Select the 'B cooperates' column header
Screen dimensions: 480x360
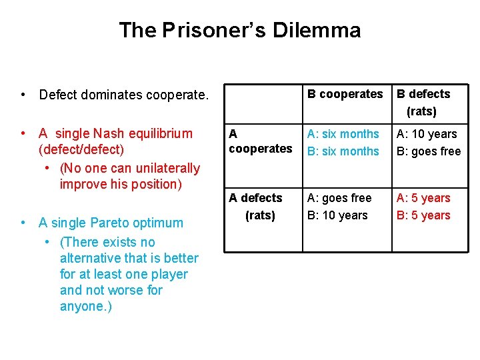point(345,94)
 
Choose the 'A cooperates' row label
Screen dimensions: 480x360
point(260,141)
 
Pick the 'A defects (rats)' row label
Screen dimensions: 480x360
point(256,206)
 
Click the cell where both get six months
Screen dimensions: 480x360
point(343,143)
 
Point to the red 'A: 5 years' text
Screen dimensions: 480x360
point(423,198)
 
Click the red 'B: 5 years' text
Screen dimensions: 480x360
point(423,215)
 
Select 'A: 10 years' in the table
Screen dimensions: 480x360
point(427,134)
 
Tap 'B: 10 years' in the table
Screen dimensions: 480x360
point(337,215)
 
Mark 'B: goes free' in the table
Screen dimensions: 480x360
point(429,151)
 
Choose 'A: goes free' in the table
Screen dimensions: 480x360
point(339,198)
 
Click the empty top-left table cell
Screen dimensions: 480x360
point(263,102)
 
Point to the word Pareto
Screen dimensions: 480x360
point(126,223)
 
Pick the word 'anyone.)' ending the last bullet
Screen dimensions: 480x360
point(86,306)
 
